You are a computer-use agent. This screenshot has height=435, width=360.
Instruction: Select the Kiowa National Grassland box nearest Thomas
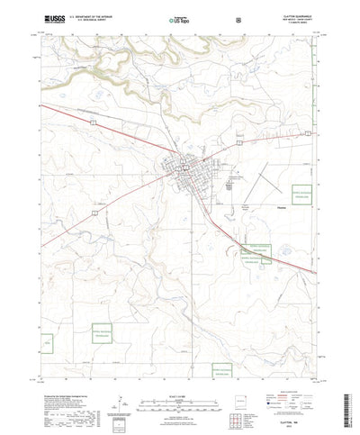coord(297,197)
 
